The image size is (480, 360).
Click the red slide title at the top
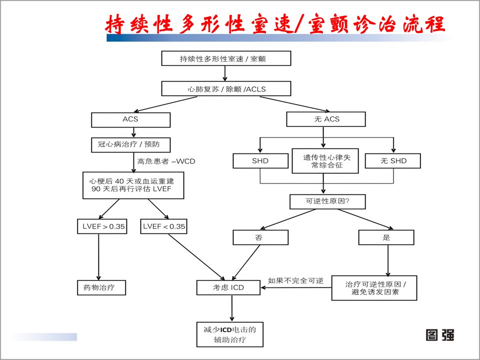tap(274, 23)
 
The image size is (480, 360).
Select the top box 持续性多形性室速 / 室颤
tap(226, 58)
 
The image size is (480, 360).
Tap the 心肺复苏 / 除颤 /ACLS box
tap(226, 89)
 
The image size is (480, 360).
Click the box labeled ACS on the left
tap(130, 120)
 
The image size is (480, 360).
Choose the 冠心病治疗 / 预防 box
tap(130, 145)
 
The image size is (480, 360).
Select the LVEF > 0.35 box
tap(101, 226)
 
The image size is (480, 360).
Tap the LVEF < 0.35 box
tap(164, 226)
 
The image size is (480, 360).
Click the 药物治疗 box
tap(100, 287)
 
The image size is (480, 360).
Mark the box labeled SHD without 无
tap(260, 161)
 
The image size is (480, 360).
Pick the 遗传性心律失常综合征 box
tap(324, 160)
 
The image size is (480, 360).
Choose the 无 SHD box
tap(392, 161)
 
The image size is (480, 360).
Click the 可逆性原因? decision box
tap(328, 201)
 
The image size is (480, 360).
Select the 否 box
tap(260, 237)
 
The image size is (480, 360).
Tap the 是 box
tap(386, 237)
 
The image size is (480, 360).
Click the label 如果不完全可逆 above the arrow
tap(295, 280)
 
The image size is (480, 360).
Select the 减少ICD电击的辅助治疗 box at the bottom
tap(229, 334)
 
